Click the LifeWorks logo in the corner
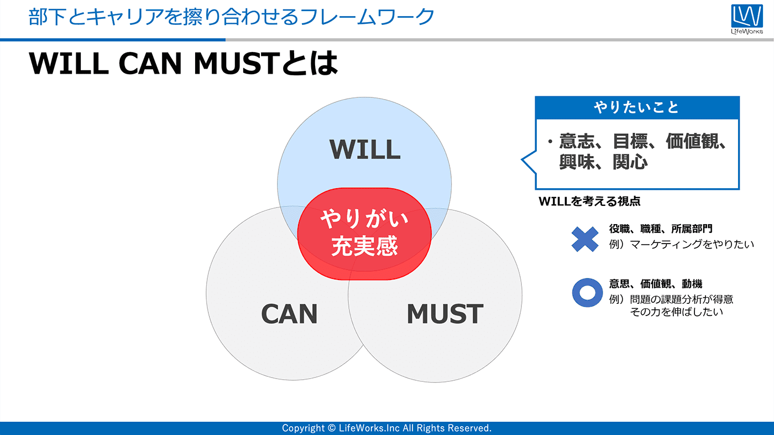click(x=746, y=20)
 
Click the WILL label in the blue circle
click(x=365, y=149)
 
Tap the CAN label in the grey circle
click(x=289, y=314)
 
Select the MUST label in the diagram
click(x=444, y=314)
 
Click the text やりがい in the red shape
click(x=364, y=220)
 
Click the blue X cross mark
click(x=585, y=239)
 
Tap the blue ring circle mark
click(x=587, y=292)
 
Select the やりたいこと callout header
click(x=637, y=107)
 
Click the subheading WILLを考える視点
click(x=589, y=201)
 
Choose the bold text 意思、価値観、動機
click(x=656, y=284)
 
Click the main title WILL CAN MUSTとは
click(x=182, y=64)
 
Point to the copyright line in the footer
click(x=386, y=428)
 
